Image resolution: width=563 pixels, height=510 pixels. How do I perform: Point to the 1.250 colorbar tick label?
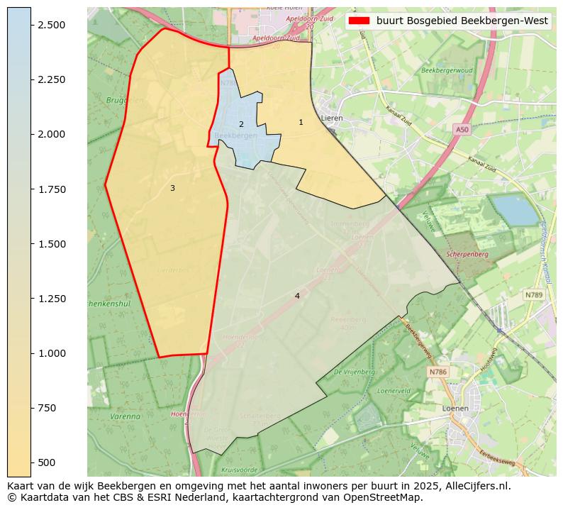click(50, 299)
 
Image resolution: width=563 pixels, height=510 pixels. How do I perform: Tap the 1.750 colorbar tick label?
click(50, 189)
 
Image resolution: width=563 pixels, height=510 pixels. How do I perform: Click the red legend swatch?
click(359, 21)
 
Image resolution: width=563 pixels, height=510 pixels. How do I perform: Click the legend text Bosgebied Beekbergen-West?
click(462, 21)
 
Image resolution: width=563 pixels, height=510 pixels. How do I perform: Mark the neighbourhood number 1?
click(301, 123)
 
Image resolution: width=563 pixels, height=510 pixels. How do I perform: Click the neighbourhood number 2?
click(241, 124)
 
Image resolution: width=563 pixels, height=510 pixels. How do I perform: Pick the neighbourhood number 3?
click(172, 188)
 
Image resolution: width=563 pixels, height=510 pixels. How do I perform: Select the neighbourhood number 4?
click(297, 296)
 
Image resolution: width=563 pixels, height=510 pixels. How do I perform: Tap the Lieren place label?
click(332, 118)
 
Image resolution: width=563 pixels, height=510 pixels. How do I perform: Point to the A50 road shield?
click(462, 130)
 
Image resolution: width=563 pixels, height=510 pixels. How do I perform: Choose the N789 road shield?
click(533, 294)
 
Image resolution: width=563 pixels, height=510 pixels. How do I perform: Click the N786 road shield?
click(438, 372)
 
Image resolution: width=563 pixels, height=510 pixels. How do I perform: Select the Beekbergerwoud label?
click(447, 71)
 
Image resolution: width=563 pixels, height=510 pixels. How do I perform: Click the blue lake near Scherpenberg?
click(514, 209)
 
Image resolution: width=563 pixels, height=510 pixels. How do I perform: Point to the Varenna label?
click(126, 416)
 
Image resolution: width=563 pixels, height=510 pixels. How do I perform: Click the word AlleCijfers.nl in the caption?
click(474, 487)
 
